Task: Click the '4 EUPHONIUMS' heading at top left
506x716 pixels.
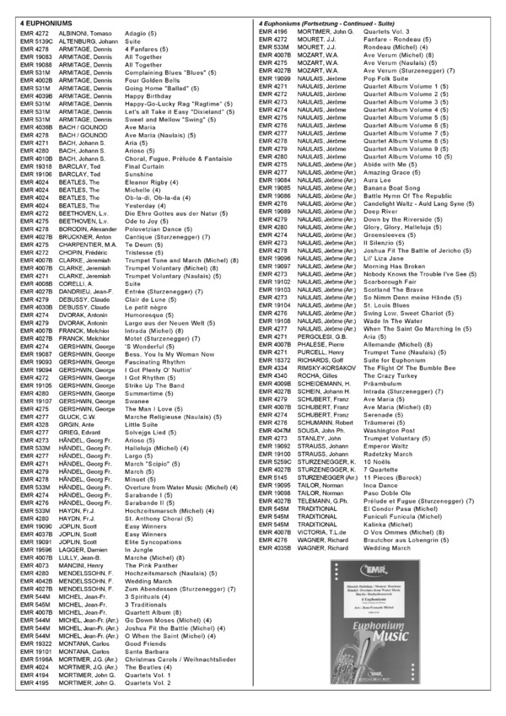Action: click(x=42, y=20)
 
